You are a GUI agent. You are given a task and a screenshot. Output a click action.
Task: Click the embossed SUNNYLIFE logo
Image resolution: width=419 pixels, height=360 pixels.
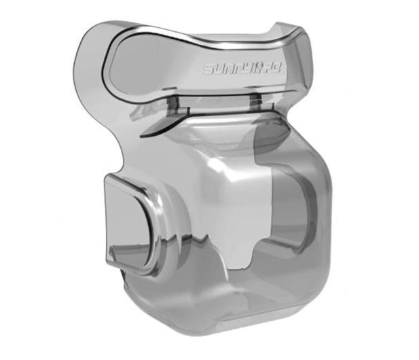(242, 69)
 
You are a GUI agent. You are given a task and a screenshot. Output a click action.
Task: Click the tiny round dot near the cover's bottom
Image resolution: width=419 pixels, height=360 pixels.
(237, 293)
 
